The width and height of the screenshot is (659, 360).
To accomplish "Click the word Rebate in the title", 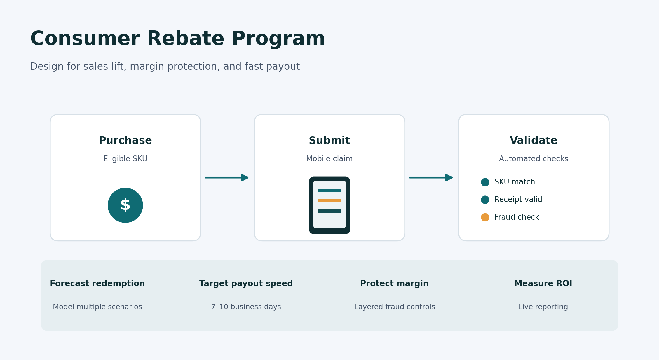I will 185,39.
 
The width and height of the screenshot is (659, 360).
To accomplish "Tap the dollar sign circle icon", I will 125,205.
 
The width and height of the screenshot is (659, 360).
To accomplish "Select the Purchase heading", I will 125,141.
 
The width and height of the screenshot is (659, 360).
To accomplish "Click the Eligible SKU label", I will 125,159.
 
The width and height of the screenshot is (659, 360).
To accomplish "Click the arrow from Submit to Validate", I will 431,178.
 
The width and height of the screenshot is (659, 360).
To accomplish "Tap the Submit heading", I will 329,141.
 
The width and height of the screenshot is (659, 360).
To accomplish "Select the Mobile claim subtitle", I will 329,159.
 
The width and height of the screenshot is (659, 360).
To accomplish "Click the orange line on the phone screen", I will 329,201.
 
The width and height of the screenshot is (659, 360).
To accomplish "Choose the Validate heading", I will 534,141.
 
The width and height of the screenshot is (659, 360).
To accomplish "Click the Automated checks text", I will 534,159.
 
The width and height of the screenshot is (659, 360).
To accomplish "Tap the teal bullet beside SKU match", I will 485,182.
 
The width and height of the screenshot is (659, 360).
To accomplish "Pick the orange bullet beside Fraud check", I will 485,217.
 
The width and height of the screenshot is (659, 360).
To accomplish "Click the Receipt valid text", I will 518,200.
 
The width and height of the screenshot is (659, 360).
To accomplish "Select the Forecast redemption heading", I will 97,284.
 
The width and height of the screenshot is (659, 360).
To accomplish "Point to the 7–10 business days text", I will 246,307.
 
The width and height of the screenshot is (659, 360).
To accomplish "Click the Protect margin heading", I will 394,284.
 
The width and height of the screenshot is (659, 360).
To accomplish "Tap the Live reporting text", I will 543,307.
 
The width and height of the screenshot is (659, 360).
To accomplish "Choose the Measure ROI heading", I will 543,284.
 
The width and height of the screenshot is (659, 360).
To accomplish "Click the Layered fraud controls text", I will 395,307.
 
